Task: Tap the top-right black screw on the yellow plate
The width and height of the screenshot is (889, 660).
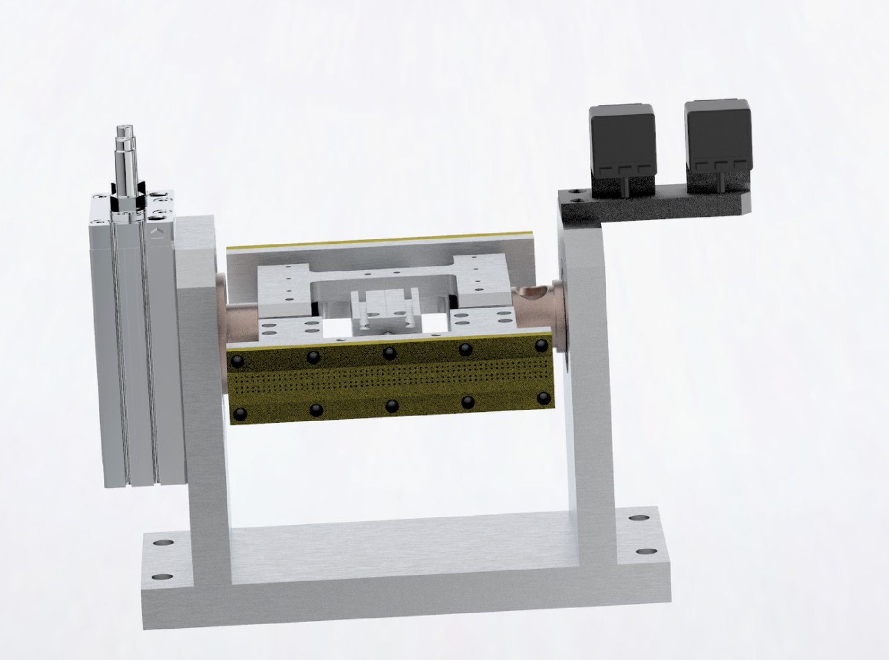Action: coord(541,346)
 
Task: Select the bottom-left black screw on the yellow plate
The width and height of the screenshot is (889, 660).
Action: coord(239,414)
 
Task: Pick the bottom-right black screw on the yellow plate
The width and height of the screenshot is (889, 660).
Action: coord(543,399)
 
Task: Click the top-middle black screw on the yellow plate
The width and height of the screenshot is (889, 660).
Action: coord(389,353)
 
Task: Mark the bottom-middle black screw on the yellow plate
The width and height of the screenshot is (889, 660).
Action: coord(391,405)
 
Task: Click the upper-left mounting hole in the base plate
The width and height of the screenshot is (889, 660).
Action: coord(163,543)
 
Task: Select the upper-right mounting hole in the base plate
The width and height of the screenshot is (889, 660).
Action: coord(639,519)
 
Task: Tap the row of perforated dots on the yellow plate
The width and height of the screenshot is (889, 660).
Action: coord(391,379)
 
